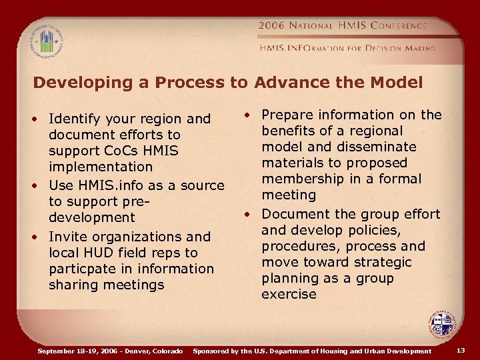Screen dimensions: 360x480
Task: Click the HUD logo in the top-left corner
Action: coord(46,39)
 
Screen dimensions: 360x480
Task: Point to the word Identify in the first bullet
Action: coord(74,119)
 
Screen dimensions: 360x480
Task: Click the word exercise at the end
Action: coord(289,294)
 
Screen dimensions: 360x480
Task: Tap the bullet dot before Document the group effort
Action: coord(247,214)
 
